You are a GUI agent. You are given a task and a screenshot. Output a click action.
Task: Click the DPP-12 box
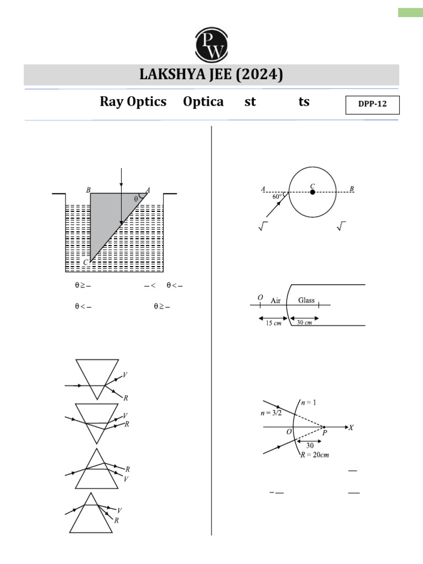tap(372, 105)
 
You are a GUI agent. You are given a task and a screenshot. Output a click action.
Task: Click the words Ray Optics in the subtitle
tap(133, 102)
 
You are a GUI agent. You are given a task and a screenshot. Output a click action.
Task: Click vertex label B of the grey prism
tap(88, 189)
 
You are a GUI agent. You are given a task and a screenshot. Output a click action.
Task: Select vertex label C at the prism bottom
tap(85, 263)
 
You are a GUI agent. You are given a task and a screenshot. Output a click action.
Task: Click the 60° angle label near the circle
tap(277, 196)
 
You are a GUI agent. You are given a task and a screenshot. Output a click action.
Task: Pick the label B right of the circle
tap(352, 189)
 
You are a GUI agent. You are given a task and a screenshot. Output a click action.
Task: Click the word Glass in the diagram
tap(306, 300)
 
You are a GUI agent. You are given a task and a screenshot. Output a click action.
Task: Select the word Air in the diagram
tap(276, 300)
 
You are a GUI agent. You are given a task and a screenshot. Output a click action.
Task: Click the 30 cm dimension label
tap(305, 323)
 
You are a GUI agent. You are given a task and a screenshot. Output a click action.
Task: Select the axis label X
tap(351, 427)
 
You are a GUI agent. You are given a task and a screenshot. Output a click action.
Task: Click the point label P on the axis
tap(324, 433)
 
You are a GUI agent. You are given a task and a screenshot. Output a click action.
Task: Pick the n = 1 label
tap(308, 403)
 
